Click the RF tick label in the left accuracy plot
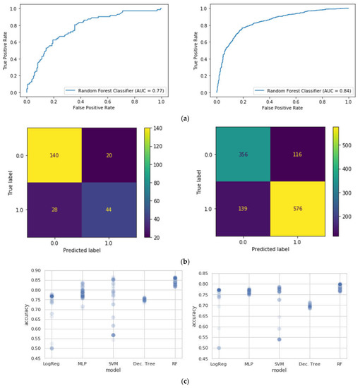click(155, 363)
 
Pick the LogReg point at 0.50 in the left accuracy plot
click(30, 348)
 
